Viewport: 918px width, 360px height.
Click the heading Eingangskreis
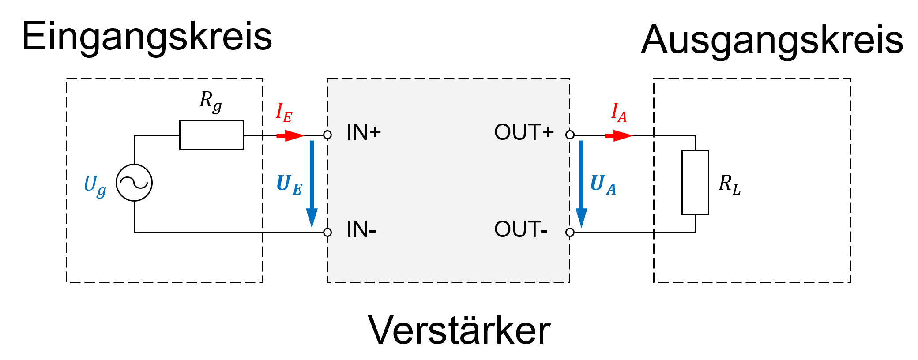147,37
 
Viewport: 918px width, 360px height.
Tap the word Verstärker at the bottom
459,330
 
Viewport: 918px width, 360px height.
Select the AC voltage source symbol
134,183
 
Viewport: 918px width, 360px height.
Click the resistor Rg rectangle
211,135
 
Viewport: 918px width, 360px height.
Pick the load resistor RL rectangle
695,183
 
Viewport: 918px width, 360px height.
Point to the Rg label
211,101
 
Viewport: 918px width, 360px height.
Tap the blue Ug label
95,185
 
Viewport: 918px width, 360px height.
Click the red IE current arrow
290,135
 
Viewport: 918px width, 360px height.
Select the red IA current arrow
618,135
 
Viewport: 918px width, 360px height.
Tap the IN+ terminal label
364,132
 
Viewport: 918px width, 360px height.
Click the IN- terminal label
361,229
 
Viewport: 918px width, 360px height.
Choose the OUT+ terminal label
524,132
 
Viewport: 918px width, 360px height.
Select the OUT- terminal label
521,229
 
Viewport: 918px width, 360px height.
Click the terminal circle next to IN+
327,135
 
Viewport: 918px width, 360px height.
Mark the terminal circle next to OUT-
570,232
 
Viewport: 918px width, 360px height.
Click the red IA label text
619,113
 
